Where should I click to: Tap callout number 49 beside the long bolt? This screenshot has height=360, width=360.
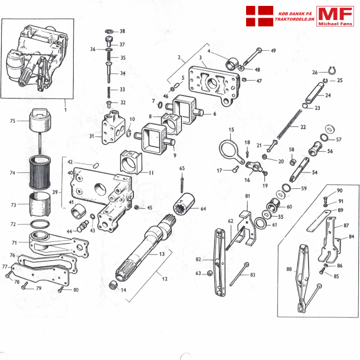pos(273,51)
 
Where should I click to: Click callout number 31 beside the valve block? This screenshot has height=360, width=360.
pos(92,136)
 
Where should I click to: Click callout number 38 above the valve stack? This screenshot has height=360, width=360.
pos(122,31)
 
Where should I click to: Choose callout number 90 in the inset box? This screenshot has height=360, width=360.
pos(339,191)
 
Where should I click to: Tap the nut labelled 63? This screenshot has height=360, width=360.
pos(208,273)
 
